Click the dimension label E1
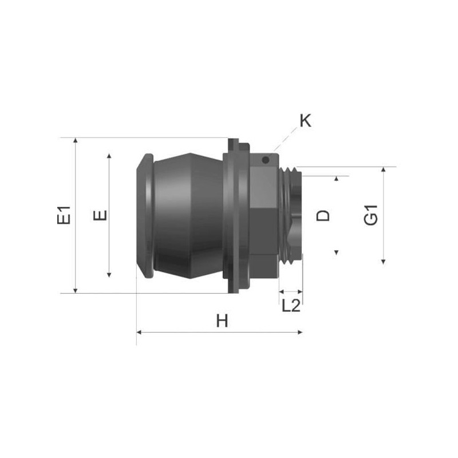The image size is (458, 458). pos(64,215)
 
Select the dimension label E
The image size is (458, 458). pos(100,215)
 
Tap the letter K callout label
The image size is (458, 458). pos(306,120)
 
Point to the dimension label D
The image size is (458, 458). pos(323,216)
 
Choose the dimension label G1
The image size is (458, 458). pos(371,215)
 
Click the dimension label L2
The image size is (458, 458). pos(291,306)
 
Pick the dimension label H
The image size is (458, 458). pos(222,321)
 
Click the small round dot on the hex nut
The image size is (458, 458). pos(266,160)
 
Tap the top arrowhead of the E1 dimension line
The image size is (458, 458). pos(76,140)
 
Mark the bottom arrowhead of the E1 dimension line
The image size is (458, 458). pos(76,290)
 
